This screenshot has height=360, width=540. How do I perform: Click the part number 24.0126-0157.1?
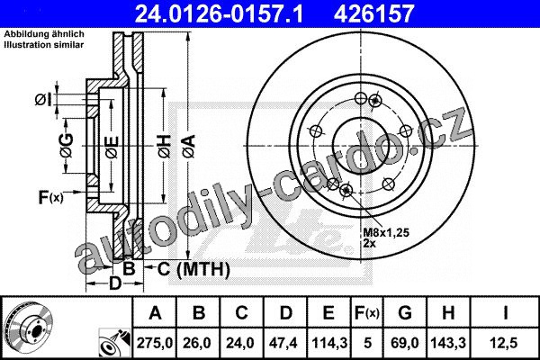[219, 13]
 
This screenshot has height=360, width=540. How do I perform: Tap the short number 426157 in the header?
[373, 13]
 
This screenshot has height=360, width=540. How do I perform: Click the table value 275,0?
[154, 343]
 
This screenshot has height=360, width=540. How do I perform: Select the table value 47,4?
[284, 343]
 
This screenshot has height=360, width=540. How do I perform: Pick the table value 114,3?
[329, 343]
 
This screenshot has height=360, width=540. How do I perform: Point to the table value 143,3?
[448, 343]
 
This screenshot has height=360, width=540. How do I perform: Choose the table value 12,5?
[505, 343]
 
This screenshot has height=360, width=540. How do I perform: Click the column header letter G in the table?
[405, 313]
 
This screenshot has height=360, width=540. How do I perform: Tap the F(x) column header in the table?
[367, 313]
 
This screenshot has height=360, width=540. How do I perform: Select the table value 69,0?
[404, 343]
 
